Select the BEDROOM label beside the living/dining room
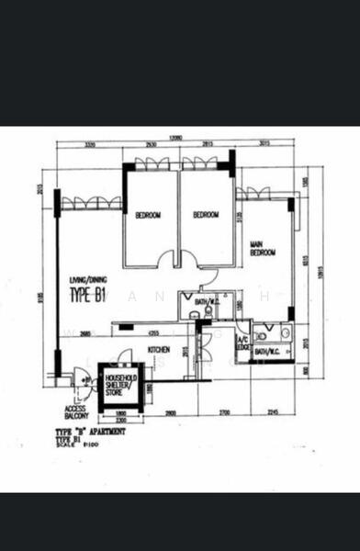[148, 216]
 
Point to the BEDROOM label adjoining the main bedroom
[206, 215]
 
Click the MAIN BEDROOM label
[263, 248]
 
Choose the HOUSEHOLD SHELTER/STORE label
[120, 384]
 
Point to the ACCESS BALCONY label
[75, 412]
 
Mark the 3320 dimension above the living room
[90, 145]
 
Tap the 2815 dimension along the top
[207, 145]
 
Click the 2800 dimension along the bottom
[171, 412]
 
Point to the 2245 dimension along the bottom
[273, 412]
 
